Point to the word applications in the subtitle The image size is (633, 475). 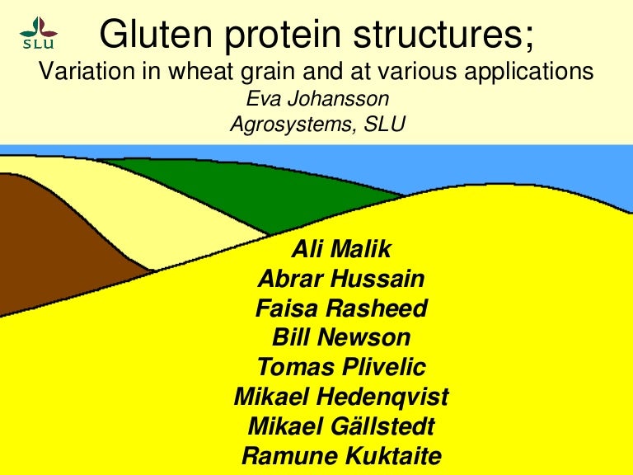[x=527, y=73]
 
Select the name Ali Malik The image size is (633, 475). [x=341, y=249]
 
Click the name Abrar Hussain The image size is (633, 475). [x=341, y=279]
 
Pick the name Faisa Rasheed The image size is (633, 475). [x=341, y=308]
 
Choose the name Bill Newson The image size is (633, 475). [x=341, y=337]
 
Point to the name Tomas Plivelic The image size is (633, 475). [x=341, y=367]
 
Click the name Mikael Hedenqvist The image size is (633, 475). [x=341, y=397]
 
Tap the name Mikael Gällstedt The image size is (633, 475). [x=341, y=426]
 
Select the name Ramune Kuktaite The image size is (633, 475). [x=341, y=455]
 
